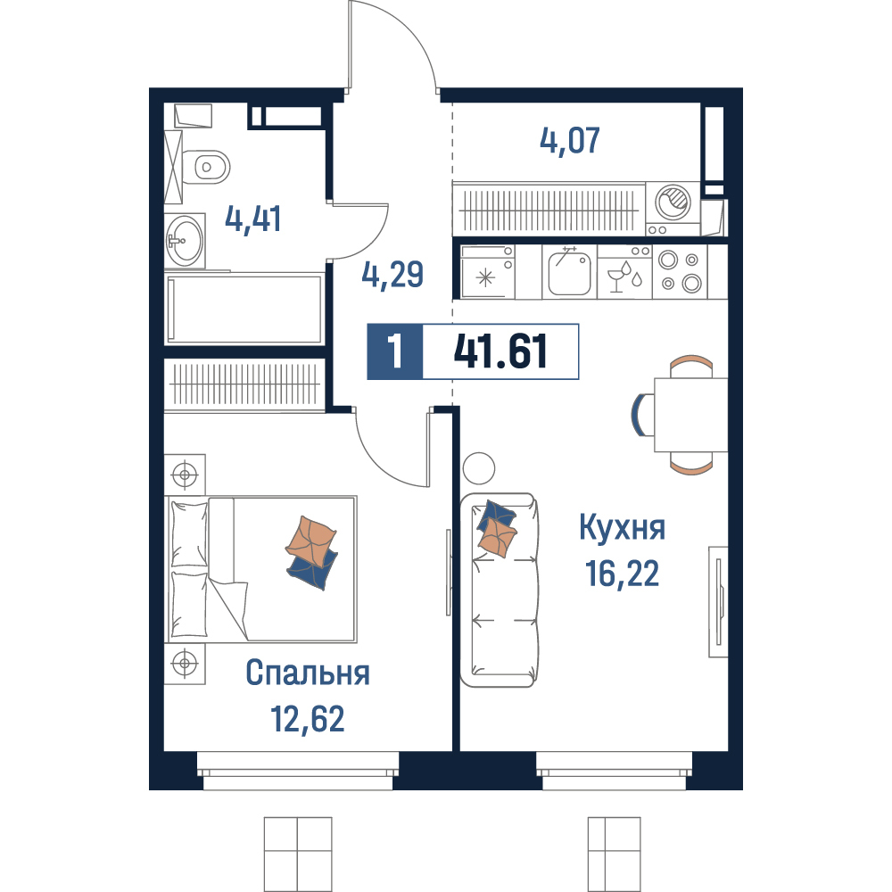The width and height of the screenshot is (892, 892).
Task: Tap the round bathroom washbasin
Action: [185, 241]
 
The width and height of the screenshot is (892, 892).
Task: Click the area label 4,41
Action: [253, 219]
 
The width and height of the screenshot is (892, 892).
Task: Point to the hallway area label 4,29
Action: [393, 274]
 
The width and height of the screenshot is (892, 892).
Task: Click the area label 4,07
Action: [570, 141]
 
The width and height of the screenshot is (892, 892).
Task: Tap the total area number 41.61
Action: [500, 351]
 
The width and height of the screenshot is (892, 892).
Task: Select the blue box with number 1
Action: [395, 351]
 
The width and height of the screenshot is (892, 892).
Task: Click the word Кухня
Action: [623, 527]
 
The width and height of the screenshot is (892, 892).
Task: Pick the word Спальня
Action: [308, 673]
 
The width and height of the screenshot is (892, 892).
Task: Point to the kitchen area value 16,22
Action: [623, 573]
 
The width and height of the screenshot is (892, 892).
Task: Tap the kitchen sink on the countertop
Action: [569, 272]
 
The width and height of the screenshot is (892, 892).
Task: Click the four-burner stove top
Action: [680, 271]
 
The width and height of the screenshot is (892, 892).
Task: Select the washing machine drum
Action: [673, 202]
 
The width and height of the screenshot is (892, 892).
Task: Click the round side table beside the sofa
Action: [479, 469]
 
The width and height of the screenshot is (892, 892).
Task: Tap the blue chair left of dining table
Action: [642, 414]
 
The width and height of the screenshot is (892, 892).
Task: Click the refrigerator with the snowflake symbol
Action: [488, 272]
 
